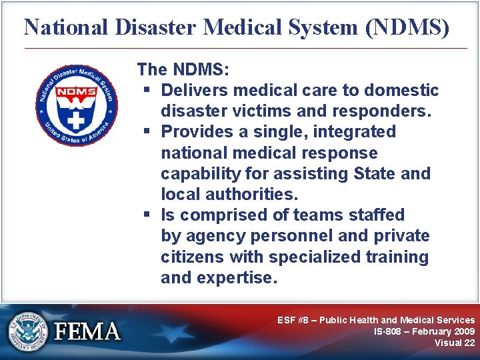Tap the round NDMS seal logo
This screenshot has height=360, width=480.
coord(76,105)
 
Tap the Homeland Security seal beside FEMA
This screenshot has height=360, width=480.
coord(28,331)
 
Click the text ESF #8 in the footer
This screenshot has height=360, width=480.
coord(295,320)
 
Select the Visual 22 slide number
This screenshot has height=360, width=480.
coord(455,343)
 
